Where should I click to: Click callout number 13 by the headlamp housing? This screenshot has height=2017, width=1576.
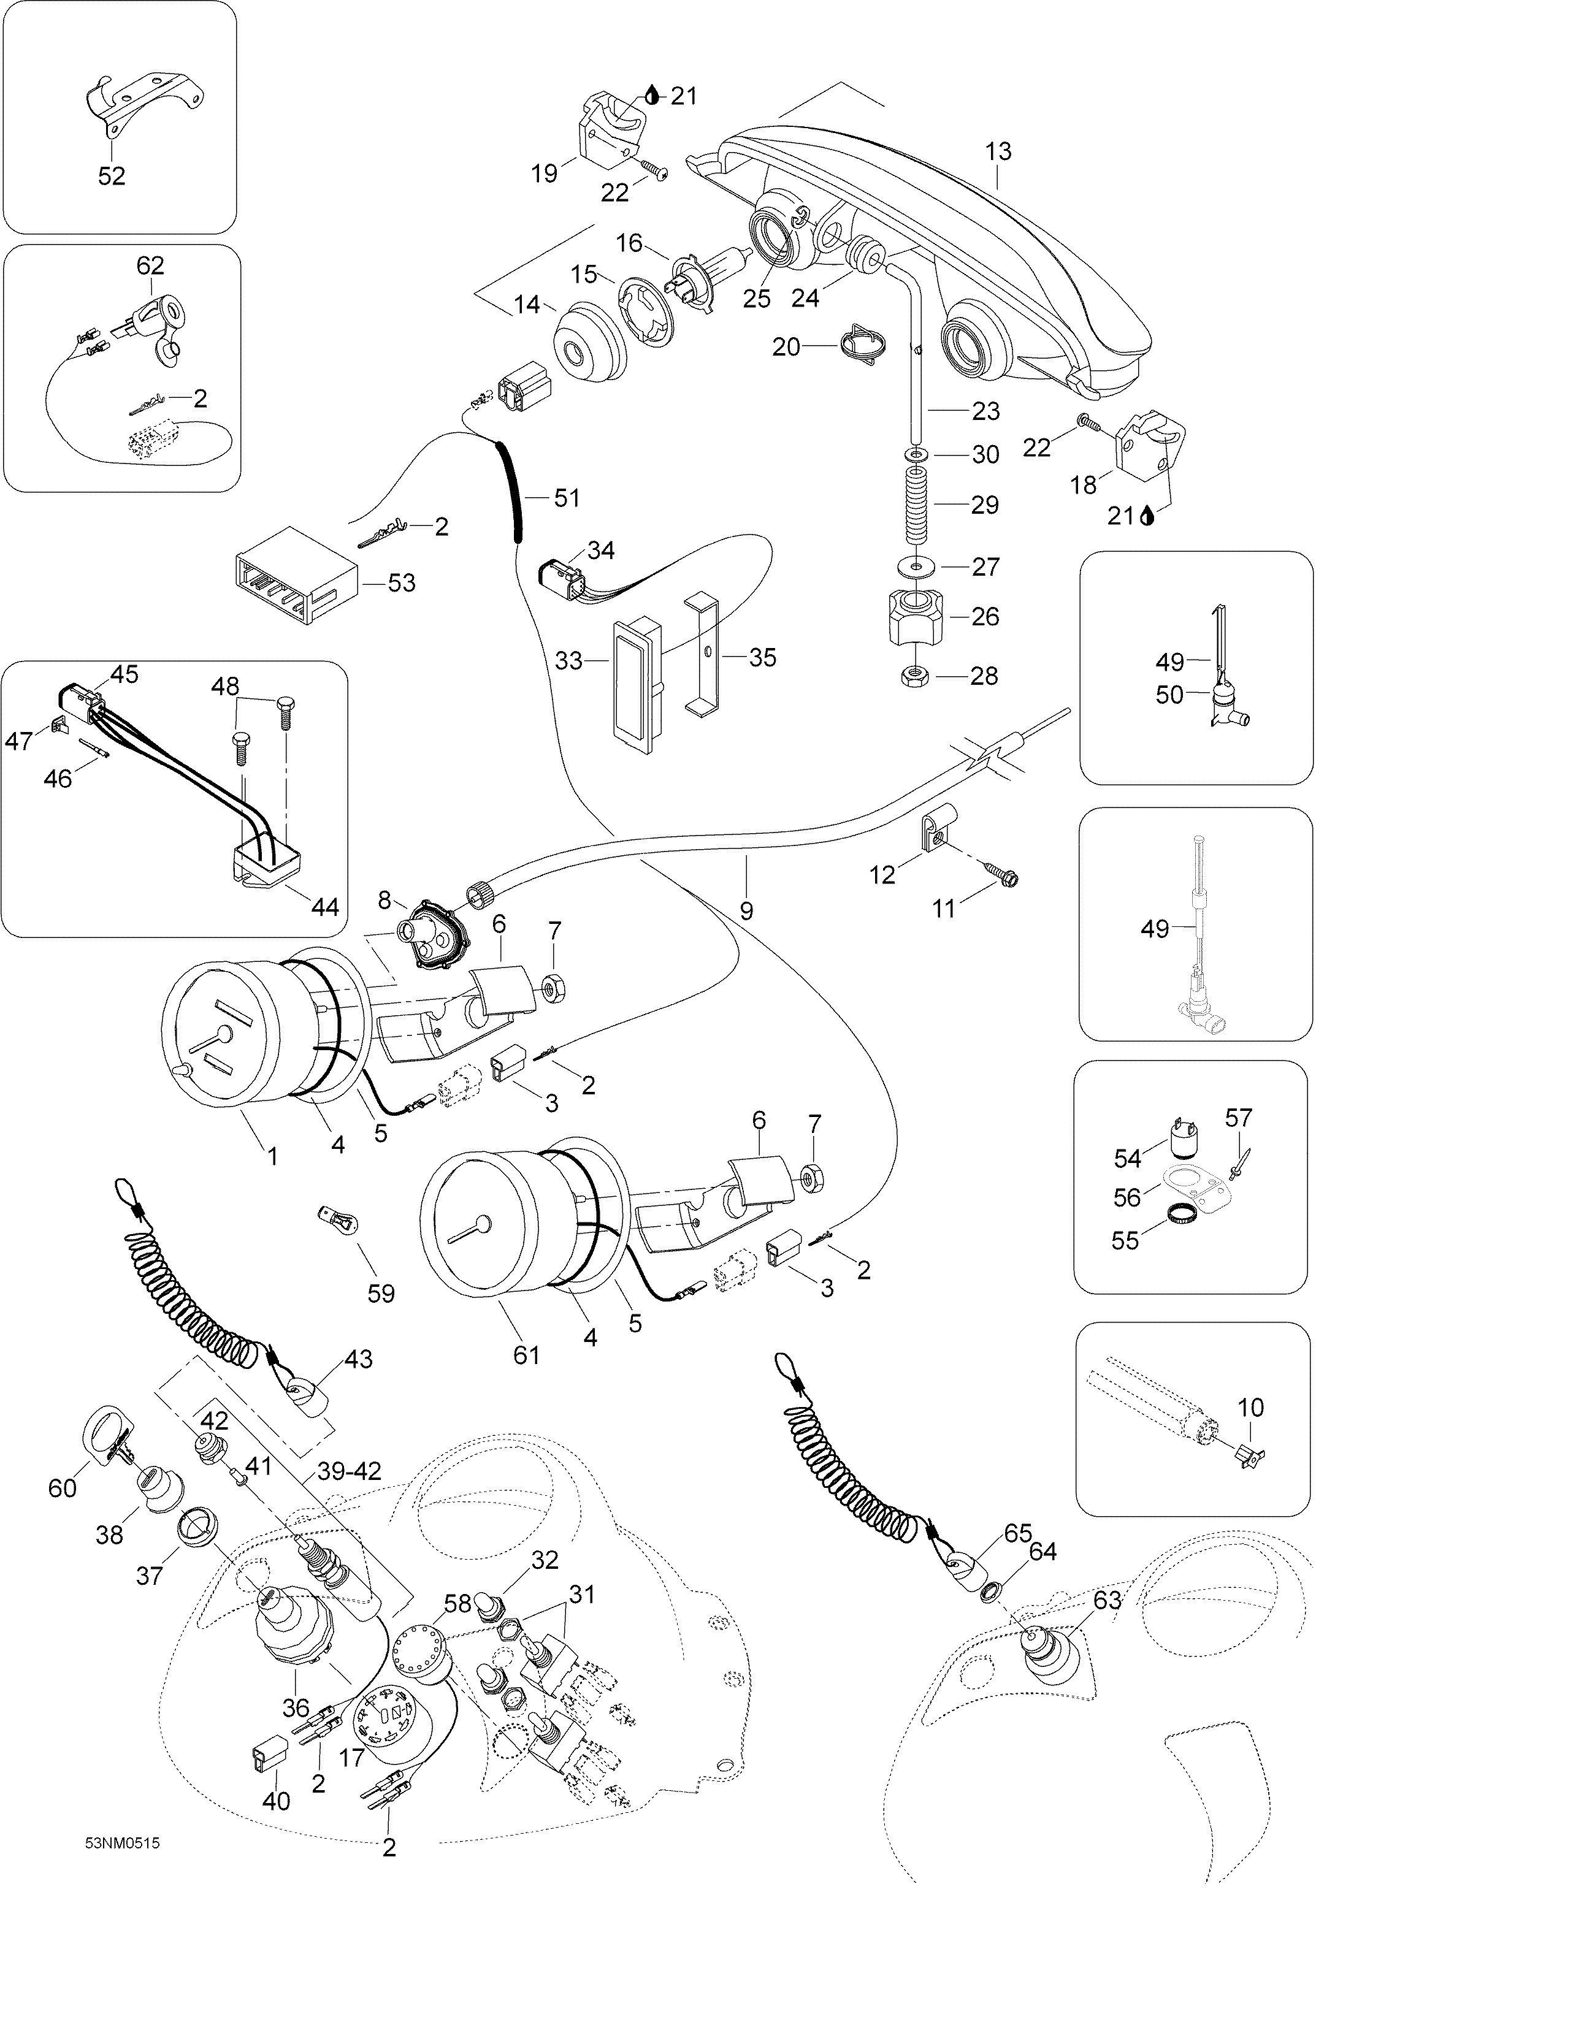(998, 151)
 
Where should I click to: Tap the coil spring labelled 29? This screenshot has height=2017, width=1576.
(916, 505)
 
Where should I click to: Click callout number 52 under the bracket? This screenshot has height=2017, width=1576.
(112, 175)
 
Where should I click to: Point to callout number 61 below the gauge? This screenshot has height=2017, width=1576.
(527, 1355)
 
